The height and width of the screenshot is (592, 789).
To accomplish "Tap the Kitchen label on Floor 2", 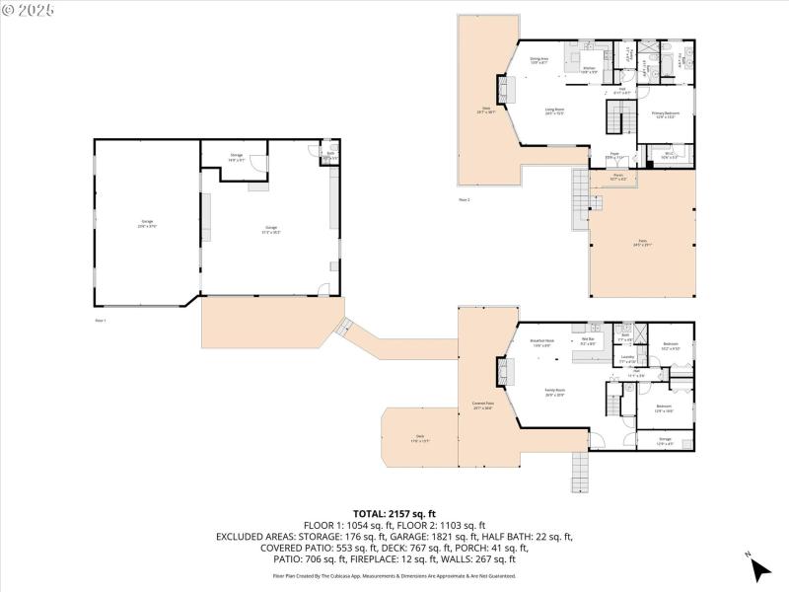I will (x=587, y=69).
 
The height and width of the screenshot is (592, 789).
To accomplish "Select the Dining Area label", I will (x=539, y=61).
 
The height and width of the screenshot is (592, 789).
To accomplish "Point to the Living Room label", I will (x=554, y=111).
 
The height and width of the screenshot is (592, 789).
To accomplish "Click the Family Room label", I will (x=554, y=391).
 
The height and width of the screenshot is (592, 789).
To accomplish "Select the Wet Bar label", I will (x=589, y=342).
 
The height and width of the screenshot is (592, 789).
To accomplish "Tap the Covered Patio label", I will (x=482, y=404).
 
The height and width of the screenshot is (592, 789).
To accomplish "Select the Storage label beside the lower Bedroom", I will (x=665, y=440).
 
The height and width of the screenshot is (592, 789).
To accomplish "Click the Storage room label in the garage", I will (x=237, y=156).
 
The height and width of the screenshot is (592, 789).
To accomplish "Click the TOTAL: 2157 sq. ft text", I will (x=394, y=514).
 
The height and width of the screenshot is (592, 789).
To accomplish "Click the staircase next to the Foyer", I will (x=617, y=120).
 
